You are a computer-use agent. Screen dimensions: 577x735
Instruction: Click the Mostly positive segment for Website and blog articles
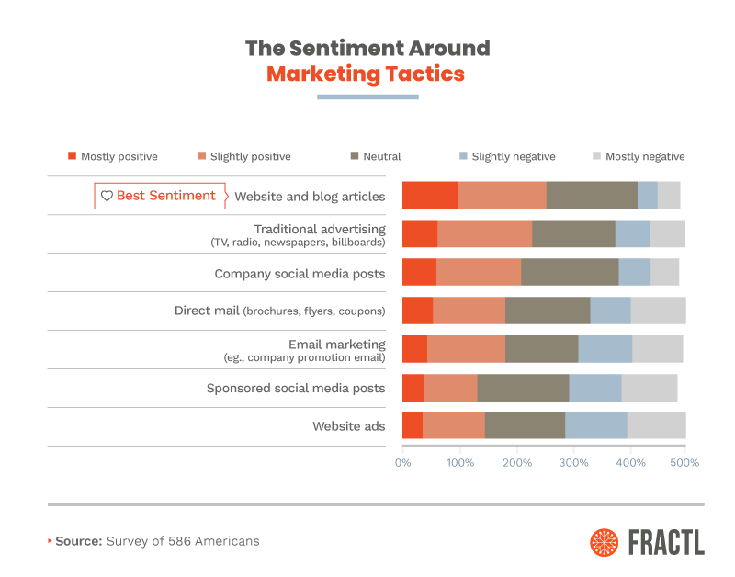pos(430,196)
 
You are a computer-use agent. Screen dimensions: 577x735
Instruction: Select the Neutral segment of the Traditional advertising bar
pos(573,234)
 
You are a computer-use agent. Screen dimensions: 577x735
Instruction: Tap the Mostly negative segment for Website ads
pos(656,425)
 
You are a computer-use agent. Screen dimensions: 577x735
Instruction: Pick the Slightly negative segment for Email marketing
pos(605,349)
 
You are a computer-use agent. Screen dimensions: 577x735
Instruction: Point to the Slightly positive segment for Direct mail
pos(469,311)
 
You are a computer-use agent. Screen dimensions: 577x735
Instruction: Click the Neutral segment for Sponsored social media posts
pos(523,388)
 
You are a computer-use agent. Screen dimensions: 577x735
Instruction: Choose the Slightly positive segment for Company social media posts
pos(479,273)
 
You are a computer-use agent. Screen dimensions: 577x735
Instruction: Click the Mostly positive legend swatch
pos(72,156)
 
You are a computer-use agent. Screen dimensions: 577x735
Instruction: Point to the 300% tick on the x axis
pos(573,462)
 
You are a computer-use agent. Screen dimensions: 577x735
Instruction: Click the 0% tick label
pos(402,462)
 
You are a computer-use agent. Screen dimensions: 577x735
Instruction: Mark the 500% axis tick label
pos(685,462)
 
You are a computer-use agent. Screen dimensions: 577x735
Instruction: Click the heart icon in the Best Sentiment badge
pos(107,196)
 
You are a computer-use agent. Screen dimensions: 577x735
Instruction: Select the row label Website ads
pos(348,426)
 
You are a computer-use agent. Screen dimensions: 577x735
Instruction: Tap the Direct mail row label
pos(279,311)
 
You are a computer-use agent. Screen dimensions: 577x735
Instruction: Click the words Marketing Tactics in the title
pos(366,74)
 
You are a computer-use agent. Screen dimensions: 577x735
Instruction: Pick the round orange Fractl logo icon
pos(605,542)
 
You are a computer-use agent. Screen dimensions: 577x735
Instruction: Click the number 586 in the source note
pos(181,541)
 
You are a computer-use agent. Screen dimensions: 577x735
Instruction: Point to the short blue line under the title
pos(367,96)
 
